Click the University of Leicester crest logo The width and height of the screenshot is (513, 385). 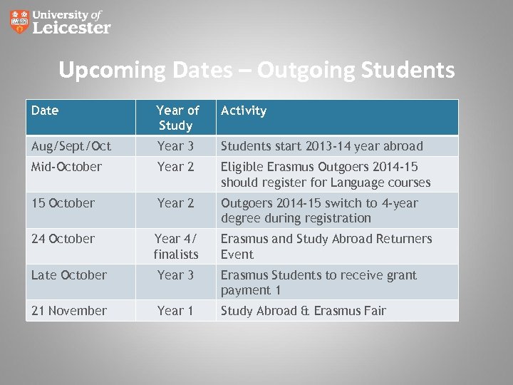click(x=21, y=22)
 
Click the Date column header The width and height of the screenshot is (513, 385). click(x=45, y=111)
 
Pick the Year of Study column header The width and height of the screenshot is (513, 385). click(x=177, y=118)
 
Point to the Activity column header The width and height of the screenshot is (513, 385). click(x=244, y=111)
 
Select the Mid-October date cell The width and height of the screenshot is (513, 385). click(x=66, y=167)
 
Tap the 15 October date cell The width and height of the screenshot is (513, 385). click(x=63, y=203)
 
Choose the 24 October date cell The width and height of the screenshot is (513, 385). click(x=63, y=239)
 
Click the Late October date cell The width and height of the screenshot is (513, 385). click(x=68, y=275)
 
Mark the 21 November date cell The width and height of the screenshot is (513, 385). click(x=68, y=311)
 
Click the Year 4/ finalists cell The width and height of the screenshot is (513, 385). click(x=176, y=247)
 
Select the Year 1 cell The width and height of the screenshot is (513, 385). click(x=175, y=311)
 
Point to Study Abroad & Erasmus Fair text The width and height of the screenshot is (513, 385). click(x=303, y=311)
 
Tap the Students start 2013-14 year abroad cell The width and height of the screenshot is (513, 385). click(x=321, y=146)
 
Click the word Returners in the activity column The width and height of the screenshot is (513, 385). click(x=403, y=239)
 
